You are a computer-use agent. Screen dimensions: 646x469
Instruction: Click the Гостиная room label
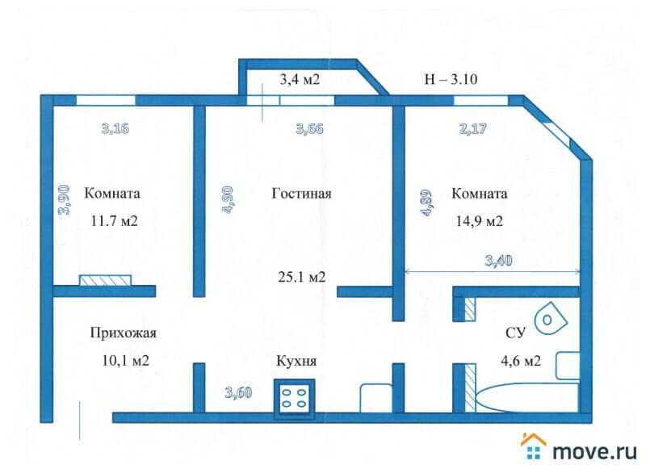(301, 193)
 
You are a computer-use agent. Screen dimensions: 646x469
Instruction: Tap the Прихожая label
(124, 333)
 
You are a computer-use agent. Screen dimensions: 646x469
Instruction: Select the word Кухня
(296, 361)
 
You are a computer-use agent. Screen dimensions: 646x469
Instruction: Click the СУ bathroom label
(515, 333)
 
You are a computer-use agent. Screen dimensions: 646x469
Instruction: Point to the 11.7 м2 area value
(114, 221)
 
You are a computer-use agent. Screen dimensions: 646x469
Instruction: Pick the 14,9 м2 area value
(479, 221)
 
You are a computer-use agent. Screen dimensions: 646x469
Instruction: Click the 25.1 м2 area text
(302, 277)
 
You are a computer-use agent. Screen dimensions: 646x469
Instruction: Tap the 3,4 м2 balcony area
(300, 79)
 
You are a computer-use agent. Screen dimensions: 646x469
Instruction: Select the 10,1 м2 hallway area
(125, 361)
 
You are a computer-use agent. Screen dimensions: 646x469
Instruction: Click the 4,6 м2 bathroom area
(521, 361)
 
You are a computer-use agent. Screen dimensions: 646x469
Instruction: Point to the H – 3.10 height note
(451, 79)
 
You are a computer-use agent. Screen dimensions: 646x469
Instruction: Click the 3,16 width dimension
(115, 128)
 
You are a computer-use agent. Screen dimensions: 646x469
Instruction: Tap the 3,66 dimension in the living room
(309, 129)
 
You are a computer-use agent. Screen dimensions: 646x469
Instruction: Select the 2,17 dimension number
(473, 129)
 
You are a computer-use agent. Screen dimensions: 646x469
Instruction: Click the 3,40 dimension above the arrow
(498, 260)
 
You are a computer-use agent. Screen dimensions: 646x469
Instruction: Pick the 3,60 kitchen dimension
(238, 392)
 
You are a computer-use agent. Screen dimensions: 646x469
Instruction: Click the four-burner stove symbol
(295, 399)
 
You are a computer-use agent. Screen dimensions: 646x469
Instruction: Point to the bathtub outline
(527, 398)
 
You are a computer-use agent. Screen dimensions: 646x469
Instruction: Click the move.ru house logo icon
(534, 446)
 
